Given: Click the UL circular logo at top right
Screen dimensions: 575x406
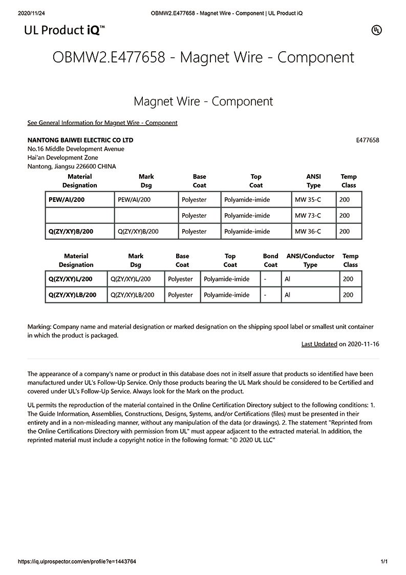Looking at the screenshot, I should (376, 30).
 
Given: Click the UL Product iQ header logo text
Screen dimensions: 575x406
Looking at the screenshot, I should (65, 30).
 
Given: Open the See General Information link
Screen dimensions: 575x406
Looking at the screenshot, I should (102, 122).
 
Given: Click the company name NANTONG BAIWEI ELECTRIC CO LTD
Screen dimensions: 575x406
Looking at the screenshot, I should (80, 140).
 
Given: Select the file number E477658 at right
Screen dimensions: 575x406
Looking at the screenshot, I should (367, 140).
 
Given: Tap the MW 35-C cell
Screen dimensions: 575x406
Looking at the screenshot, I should (308, 199).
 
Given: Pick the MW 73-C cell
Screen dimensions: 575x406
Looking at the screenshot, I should (308, 215).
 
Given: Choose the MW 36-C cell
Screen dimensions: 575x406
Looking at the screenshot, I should (308, 231).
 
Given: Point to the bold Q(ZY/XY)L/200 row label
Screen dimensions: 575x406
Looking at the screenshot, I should (70, 279).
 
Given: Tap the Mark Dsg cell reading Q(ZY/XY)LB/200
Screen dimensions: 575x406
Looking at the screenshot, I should (132, 295).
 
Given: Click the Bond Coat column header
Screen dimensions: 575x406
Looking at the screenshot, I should (270, 260).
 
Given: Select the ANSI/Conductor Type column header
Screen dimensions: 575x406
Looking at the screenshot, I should (310, 260).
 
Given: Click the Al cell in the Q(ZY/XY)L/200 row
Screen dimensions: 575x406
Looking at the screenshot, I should (288, 279).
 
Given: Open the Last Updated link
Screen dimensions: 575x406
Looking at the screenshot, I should (319, 344).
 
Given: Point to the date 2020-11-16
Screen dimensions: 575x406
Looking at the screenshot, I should (363, 344).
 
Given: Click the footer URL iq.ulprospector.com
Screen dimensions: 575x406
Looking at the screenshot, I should (77, 562).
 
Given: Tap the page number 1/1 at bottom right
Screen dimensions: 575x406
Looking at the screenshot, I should (384, 562).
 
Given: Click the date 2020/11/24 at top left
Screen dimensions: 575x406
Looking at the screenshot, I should (32, 13).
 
